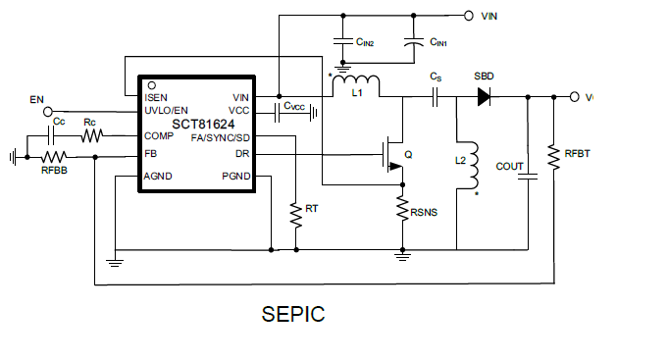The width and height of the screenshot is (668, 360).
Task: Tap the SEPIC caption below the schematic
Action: (x=292, y=315)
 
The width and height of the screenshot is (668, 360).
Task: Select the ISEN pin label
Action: (x=156, y=97)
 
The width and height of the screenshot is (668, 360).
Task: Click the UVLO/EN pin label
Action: (x=166, y=110)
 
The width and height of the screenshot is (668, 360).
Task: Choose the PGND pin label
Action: (x=235, y=177)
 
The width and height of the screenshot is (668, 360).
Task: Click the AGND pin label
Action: (x=160, y=177)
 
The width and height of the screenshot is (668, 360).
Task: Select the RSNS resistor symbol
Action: (x=402, y=209)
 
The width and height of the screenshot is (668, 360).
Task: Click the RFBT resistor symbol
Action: (x=554, y=157)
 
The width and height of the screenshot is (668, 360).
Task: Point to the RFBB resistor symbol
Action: (x=53, y=156)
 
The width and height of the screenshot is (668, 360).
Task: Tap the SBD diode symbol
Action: (x=484, y=96)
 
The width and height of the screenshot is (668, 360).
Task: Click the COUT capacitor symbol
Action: (x=529, y=176)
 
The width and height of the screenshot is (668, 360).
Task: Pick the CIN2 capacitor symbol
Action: (x=342, y=42)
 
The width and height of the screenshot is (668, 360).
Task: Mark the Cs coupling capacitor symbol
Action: (x=436, y=96)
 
